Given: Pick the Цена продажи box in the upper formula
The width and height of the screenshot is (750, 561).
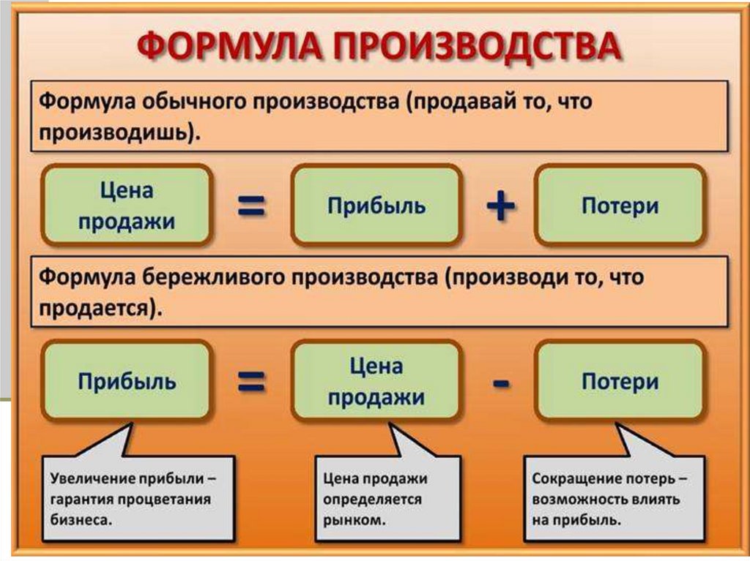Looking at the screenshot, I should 127,205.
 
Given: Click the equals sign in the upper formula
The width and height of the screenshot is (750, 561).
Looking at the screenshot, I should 250,206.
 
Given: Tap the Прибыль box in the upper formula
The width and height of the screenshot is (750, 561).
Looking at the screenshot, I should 376,205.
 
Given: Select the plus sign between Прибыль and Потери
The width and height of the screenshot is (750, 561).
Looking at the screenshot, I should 500,206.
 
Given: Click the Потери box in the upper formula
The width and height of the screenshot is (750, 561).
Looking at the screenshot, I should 620,205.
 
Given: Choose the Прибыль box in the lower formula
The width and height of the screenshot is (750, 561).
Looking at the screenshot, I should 127,381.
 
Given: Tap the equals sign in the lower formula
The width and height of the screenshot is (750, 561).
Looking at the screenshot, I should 250,382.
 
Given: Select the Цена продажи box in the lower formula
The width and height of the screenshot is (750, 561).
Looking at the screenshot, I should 376,381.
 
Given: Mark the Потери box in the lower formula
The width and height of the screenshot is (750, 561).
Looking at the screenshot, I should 620,381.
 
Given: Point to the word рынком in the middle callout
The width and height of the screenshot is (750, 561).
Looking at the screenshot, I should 352,521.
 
